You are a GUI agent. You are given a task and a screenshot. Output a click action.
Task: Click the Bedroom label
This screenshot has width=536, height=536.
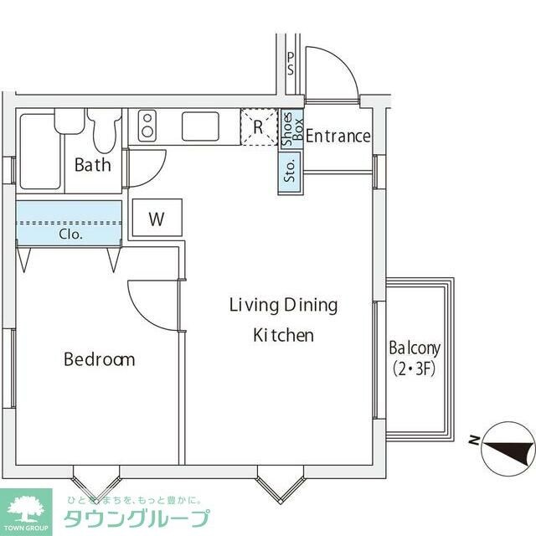point(99,359)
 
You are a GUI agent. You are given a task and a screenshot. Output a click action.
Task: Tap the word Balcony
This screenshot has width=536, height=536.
point(415,348)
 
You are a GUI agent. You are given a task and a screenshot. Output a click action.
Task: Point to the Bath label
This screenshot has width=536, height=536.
point(92,164)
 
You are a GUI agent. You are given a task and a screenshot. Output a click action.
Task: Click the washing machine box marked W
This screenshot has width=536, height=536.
point(157,219)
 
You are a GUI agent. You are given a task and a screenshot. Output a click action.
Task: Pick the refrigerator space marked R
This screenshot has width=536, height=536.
point(259,127)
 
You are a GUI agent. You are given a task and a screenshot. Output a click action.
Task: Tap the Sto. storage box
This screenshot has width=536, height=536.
point(290,173)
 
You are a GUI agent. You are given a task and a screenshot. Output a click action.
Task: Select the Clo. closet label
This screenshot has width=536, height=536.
point(70,234)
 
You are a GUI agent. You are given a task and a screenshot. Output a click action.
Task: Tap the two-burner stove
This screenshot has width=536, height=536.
point(147,126)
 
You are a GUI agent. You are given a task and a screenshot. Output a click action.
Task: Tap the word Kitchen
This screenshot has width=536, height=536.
point(283,336)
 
